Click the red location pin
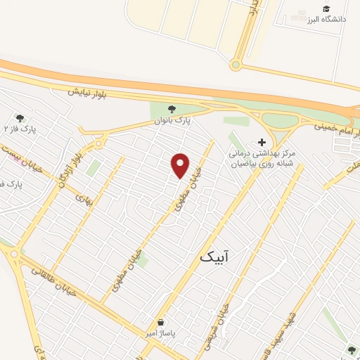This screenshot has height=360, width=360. pyautogui.click(x=181, y=165)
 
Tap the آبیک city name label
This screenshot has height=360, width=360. pyautogui.click(x=213, y=257)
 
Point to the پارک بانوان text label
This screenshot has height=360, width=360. pyautogui.click(x=173, y=121)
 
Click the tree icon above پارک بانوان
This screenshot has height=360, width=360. pyautogui.click(x=172, y=109)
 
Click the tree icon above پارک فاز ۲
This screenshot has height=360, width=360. pyautogui.click(x=19, y=118)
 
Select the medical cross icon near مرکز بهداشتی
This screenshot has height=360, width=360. pyautogui.click(x=262, y=141)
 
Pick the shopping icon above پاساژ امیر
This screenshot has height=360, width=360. pyautogui.click(x=162, y=320)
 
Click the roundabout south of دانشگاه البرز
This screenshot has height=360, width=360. pyautogui.click(x=236, y=65)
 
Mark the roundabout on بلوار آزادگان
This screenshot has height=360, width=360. pyautogui.click(x=99, y=146)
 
